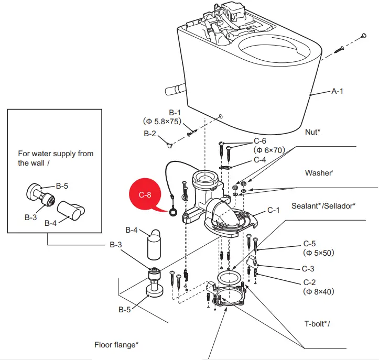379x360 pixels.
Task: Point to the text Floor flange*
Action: tap(116, 344)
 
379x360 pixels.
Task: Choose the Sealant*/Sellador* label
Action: tap(323, 205)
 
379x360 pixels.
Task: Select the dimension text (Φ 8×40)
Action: tap(318, 291)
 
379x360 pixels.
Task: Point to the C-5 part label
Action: tap(310, 244)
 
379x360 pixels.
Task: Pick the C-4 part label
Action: tap(263, 159)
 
